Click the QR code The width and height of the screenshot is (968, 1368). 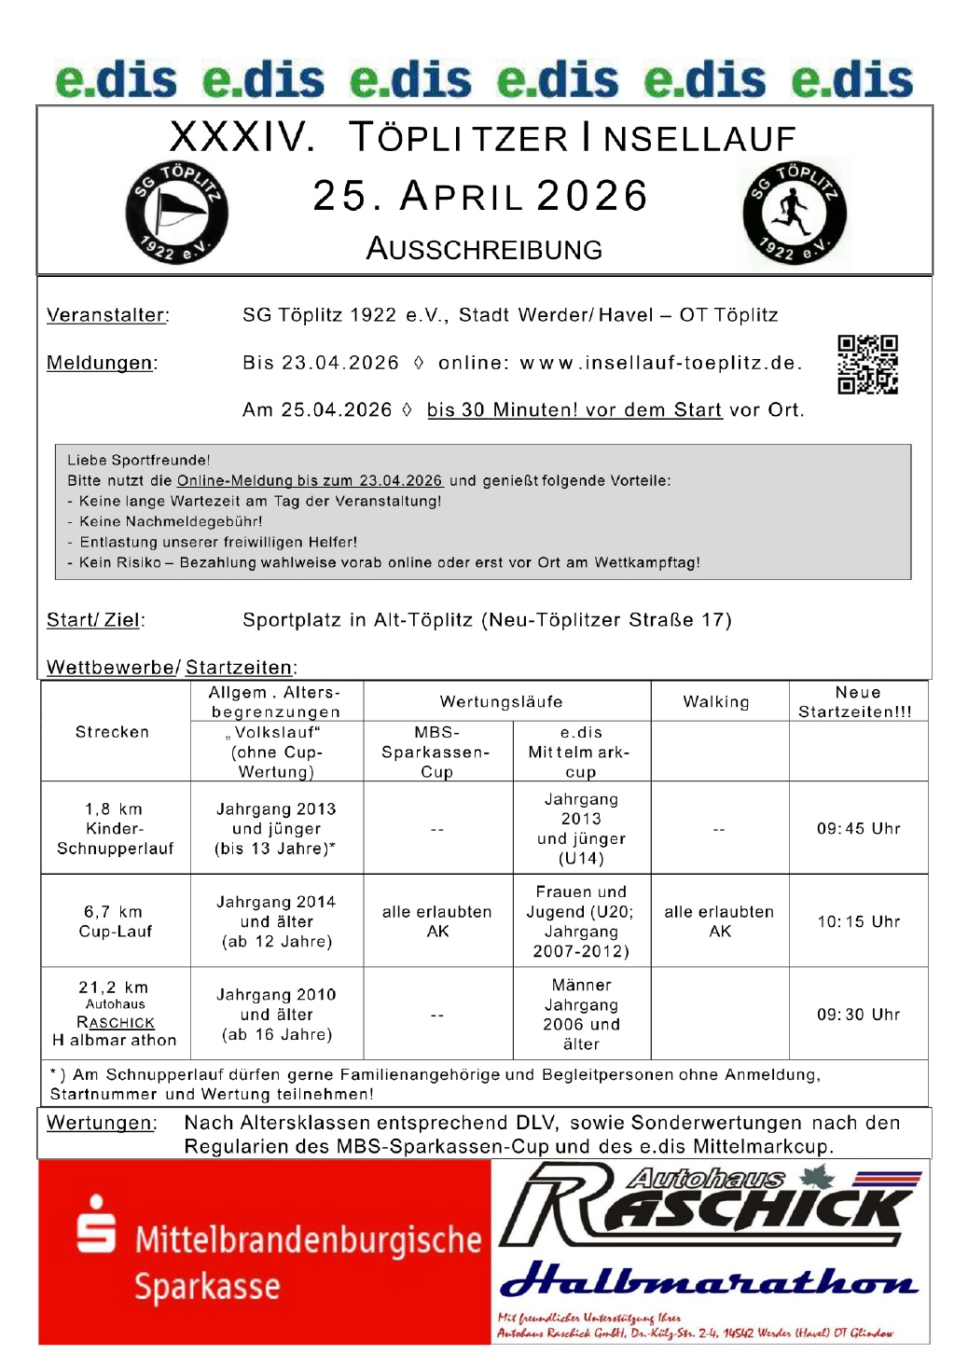click(867, 365)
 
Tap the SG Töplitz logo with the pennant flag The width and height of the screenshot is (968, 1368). click(177, 213)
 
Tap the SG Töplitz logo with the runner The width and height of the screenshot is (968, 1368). click(795, 213)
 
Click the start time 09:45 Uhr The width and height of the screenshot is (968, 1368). click(859, 828)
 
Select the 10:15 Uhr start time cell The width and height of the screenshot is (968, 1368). click(859, 921)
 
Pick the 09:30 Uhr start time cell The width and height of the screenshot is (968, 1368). click(859, 1015)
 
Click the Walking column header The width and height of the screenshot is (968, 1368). click(716, 701)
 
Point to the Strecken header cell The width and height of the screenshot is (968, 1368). click(112, 732)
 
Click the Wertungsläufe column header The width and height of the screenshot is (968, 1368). click(502, 701)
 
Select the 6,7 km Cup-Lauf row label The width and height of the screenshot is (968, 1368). click(115, 921)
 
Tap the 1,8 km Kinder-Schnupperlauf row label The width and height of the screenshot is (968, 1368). click(115, 828)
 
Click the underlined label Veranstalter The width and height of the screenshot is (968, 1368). click(107, 315)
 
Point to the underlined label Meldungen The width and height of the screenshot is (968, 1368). click(101, 363)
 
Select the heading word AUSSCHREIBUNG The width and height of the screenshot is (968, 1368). click(484, 249)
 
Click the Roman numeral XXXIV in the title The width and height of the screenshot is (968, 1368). click(242, 138)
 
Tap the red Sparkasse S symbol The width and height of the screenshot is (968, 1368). click(96, 1223)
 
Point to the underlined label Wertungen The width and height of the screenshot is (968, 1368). click(101, 1123)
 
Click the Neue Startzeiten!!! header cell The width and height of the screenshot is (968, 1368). click(857, 701)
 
